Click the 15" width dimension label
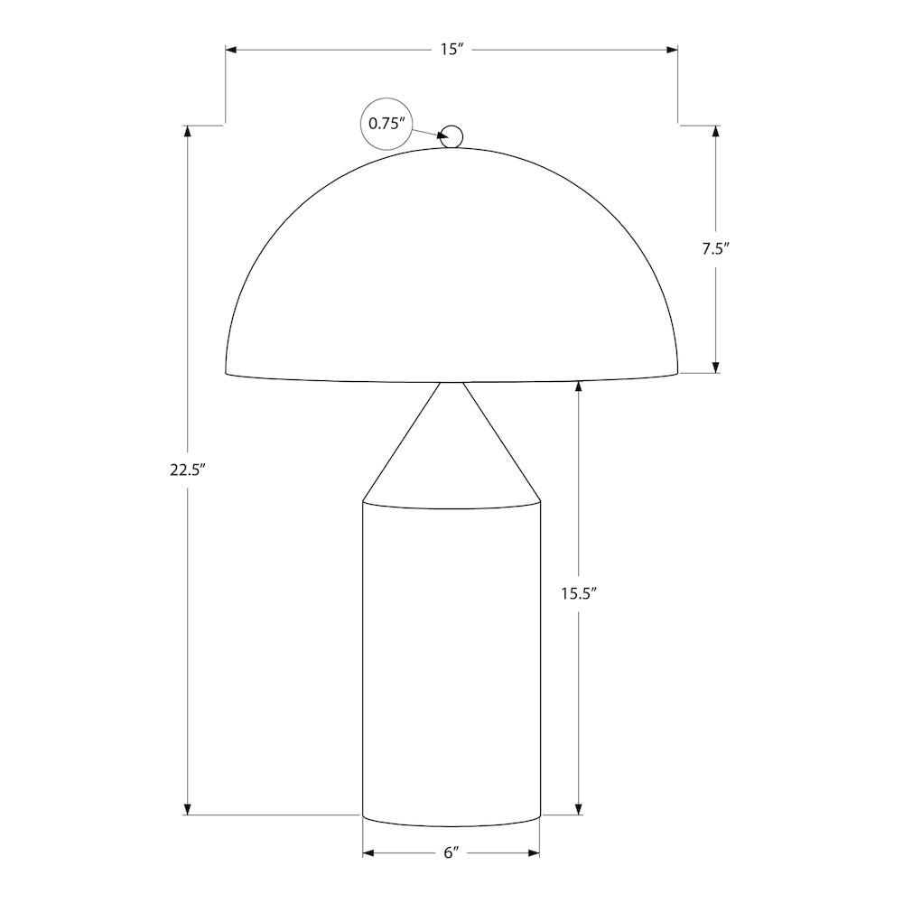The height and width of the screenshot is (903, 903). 452,50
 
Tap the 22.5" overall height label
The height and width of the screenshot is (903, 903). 188,470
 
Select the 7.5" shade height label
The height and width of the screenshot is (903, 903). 716,249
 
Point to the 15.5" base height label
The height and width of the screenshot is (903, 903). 579,593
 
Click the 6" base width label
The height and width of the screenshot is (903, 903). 451,852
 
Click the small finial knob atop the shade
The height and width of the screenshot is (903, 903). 451,136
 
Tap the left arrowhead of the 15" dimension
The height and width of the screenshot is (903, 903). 231,50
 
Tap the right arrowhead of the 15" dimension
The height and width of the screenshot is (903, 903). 672,50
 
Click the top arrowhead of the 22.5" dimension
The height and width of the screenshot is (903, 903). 187,131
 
